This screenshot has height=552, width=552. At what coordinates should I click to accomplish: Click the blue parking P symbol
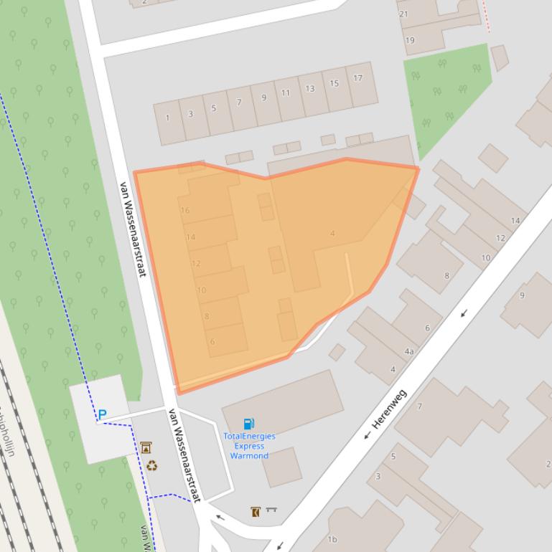pyautogui.click(x=102, y=414)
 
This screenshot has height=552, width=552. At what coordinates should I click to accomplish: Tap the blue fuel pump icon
pyautogui.click(x=248, y=424)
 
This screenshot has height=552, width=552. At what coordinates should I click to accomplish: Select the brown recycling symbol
pyautogui.click(x=151, y=466)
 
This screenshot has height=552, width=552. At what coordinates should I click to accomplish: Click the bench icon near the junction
pyautogui.click(x=271, y=510)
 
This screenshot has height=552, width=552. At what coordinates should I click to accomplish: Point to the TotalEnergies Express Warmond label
pyautogui.click(x=249, y=445)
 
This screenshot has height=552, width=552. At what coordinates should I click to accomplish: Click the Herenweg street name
pyautogui.click(x=390, y=409)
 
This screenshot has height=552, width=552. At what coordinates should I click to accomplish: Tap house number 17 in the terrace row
pyautogui.click(x=357, y=78)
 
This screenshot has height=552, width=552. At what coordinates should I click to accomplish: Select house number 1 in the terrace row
pyautogui.click(x=168, y=118)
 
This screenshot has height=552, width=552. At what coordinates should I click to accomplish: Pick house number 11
pyautogui.click(x=286, y=92)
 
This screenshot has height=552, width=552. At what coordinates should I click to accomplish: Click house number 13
pyautogui.click(x=310, y=89)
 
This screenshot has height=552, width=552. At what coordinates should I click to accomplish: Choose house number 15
pyautogui.click(x=334, y=84)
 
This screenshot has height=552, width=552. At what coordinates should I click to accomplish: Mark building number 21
pyautogui.click(x=403, y=14)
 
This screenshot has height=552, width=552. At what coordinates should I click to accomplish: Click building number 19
pyautogui.click(x=410, y=40)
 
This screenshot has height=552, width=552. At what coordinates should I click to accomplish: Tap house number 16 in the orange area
pyautogui.click(x=185, y=210)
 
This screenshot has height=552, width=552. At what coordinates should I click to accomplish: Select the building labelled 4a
pyautogui.click(x=409, y=351)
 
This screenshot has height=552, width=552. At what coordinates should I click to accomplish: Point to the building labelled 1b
pyautogui.click(x=332, y=539)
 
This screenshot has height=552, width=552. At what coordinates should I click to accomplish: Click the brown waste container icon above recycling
pyautogui.click(x=146, y=447)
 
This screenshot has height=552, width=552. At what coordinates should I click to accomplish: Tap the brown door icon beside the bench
pyautogui.click(x=256, y=512)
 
